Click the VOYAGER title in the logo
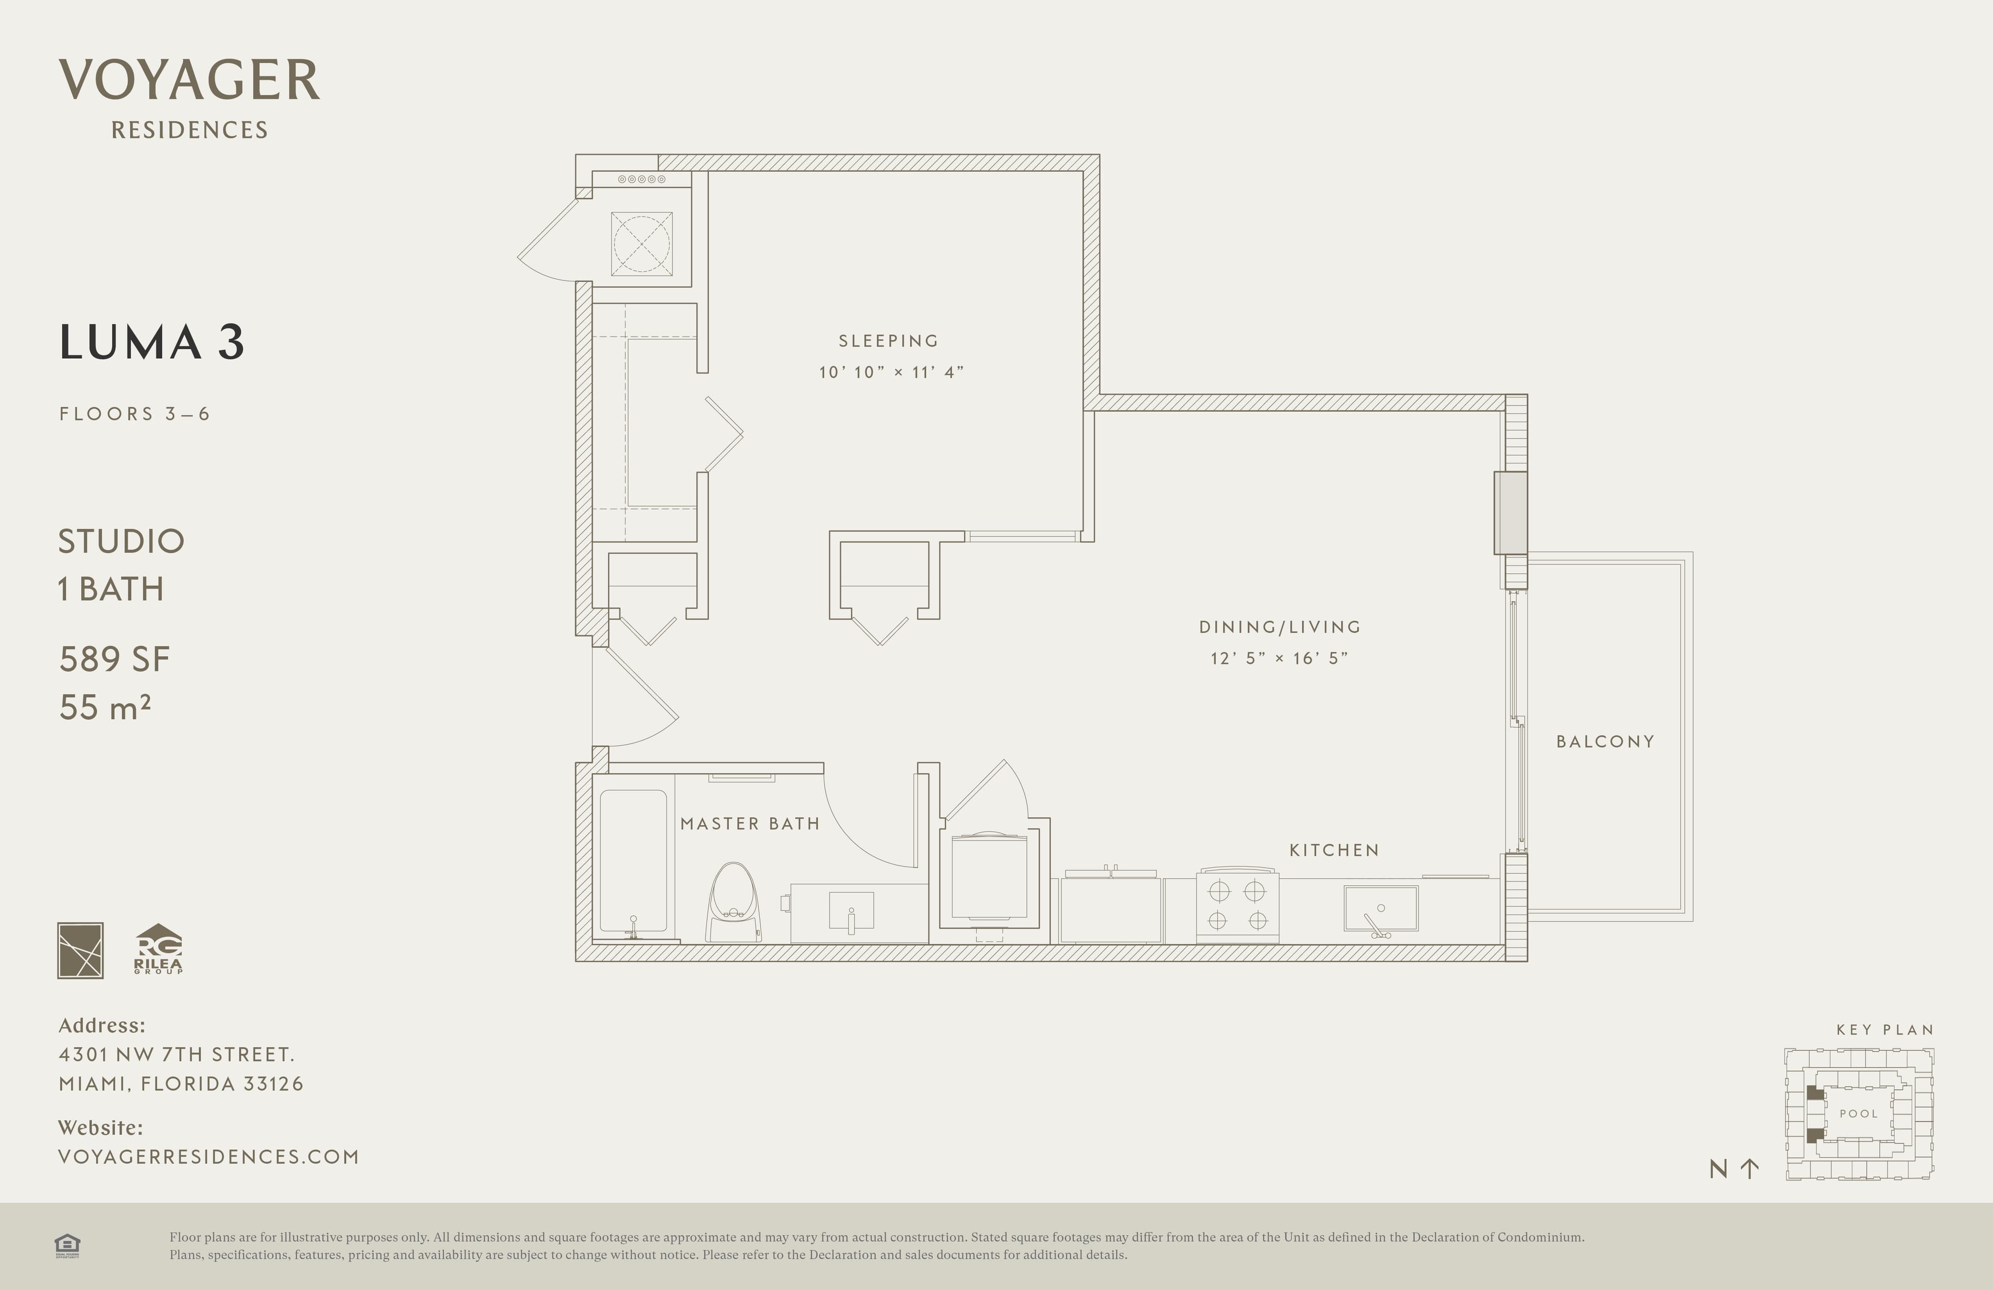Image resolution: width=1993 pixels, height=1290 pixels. point(189,80)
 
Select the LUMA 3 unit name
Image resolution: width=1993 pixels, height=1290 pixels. point(152,342)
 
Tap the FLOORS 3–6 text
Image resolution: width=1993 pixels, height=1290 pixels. point(134,414)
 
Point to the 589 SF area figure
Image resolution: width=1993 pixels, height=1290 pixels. point(115,659)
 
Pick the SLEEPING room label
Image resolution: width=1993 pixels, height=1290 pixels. point(889,341)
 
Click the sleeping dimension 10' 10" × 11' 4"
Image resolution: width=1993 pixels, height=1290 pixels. point(892,372)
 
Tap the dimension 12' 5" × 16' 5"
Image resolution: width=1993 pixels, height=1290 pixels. point(1279,658)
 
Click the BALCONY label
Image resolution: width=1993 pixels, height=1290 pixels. point(1605,741)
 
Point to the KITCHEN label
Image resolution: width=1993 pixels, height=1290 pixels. point(1334,850)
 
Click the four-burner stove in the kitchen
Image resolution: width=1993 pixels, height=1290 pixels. point(1238,905)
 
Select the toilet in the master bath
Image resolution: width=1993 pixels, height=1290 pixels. point(733,903)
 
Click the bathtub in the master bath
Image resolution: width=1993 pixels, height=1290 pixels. point(634,862)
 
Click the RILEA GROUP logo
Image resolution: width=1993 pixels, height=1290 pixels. point(158,949)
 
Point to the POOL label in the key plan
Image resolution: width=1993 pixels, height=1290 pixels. point(1858,1114)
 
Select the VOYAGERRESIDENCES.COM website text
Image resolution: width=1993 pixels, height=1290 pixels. point(209,1157)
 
